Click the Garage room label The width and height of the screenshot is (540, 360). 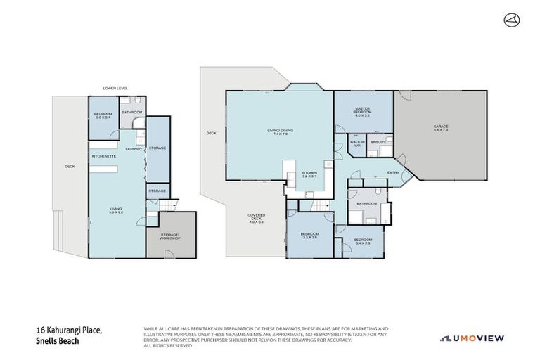(x=441, y=129)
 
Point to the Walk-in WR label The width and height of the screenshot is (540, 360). (x=356, y=144)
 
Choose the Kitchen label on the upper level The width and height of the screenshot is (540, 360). (x=309, y=174)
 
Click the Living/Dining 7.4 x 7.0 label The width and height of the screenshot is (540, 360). (x=270, y=133)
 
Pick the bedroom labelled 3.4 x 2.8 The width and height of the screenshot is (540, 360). (x=362, y=243)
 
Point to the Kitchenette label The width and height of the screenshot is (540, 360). (x=103, y=156)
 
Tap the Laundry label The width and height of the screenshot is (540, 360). (x=133, y=150)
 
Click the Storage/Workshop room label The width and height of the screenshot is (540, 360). (x=171, y=236)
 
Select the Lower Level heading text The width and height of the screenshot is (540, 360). (x=113, y=88)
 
